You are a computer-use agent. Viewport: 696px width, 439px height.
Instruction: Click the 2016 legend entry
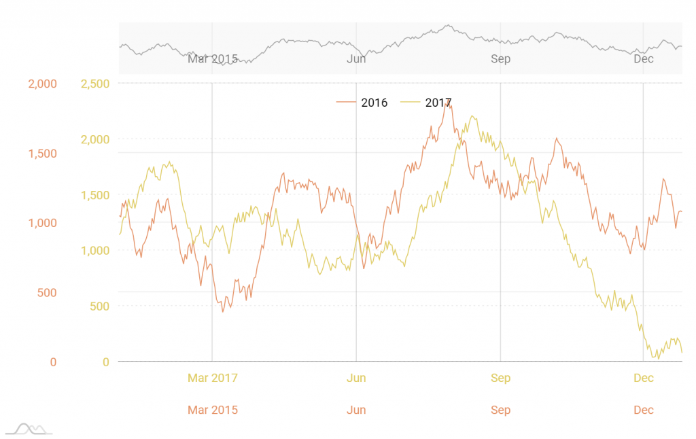(363, 103)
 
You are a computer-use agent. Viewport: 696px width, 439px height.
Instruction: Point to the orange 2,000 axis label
(42, 84)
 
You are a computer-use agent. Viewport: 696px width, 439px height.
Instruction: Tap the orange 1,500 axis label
(42, 154)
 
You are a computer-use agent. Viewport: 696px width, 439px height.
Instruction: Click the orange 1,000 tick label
(42, 223)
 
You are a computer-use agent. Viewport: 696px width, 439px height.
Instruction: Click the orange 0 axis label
(53, 362)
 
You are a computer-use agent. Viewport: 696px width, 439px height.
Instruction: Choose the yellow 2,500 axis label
(94, 84)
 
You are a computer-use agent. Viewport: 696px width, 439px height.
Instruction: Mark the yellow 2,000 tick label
(94, 139)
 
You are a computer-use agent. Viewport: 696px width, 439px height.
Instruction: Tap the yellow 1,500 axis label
(94, 195)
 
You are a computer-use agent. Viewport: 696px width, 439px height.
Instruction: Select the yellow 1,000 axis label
(94, 251)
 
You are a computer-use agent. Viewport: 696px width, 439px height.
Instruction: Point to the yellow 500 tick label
(99, 306)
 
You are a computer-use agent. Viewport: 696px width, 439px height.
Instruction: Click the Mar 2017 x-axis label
(213, 378)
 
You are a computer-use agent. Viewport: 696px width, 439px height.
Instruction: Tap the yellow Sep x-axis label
(500, 378)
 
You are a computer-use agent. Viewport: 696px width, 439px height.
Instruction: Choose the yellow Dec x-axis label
(644, 378)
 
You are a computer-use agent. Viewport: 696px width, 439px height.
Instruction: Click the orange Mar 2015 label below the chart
(213, 410)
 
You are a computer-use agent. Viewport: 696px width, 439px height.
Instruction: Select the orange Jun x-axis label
(356, 410)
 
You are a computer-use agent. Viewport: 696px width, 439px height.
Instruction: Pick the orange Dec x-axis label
(644, 410)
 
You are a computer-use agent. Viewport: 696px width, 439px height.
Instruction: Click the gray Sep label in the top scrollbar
(500, 59)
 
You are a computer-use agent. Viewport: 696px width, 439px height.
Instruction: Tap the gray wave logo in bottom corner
(29, 429)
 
